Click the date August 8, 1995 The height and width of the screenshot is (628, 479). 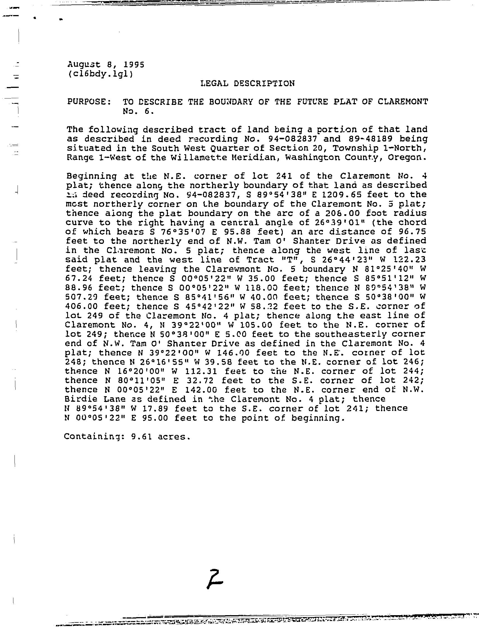tap(106, 64)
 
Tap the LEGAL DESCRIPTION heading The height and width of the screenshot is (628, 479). tap(247, 83)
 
